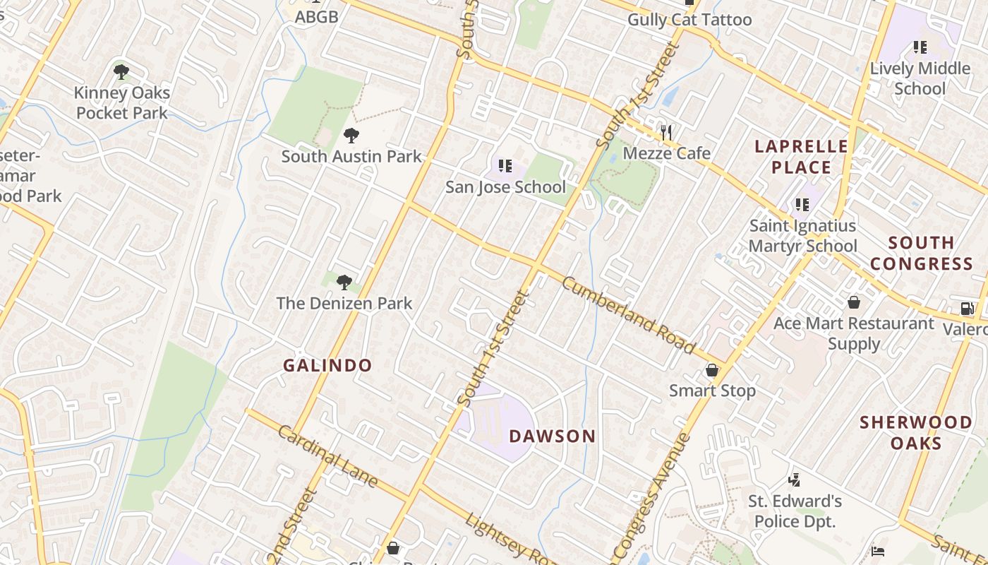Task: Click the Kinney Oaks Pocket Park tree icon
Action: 121,71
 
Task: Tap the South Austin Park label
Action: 351,156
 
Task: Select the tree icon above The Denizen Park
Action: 344,282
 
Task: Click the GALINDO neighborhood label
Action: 327,365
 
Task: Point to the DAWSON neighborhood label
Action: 553,436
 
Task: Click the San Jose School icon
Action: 505,166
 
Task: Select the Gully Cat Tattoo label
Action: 689,20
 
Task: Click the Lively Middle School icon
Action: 920,47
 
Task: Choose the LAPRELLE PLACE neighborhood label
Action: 801,157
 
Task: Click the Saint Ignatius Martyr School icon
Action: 802,205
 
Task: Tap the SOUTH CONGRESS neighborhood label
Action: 921,253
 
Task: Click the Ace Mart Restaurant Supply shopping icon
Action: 853,302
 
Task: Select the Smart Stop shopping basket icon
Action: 712,370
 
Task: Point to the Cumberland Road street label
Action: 629,314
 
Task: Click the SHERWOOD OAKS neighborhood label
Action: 915,432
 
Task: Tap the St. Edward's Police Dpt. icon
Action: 795,480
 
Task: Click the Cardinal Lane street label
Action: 327,456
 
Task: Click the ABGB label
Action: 316,17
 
